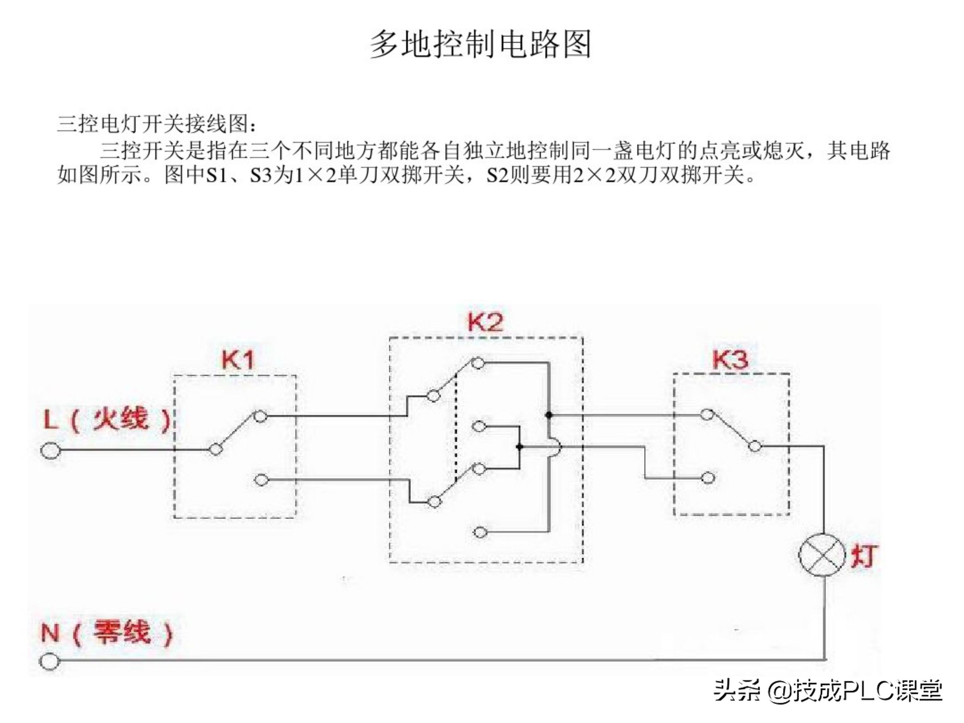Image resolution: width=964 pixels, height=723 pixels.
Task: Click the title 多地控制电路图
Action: [481, 45]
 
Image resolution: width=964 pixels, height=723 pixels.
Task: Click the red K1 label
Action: [238, 360]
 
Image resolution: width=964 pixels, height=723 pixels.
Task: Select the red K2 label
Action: [485, 322]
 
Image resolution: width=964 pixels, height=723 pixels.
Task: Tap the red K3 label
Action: [730, 359]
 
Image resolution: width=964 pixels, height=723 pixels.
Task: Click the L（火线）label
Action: [107, 420]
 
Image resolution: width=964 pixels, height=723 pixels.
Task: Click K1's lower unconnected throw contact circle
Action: [261, 480]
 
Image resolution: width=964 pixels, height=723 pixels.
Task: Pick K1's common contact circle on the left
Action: [215, 449]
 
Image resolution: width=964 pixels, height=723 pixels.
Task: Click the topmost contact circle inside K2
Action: [478, 363]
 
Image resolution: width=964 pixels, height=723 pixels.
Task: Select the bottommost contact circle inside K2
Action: [480, 533]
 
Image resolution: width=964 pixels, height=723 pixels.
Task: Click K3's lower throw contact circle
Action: [708, 478]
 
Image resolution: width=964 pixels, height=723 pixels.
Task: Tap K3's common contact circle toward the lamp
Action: [755, 446]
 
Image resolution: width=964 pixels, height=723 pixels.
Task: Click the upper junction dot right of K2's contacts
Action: [549, 414]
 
